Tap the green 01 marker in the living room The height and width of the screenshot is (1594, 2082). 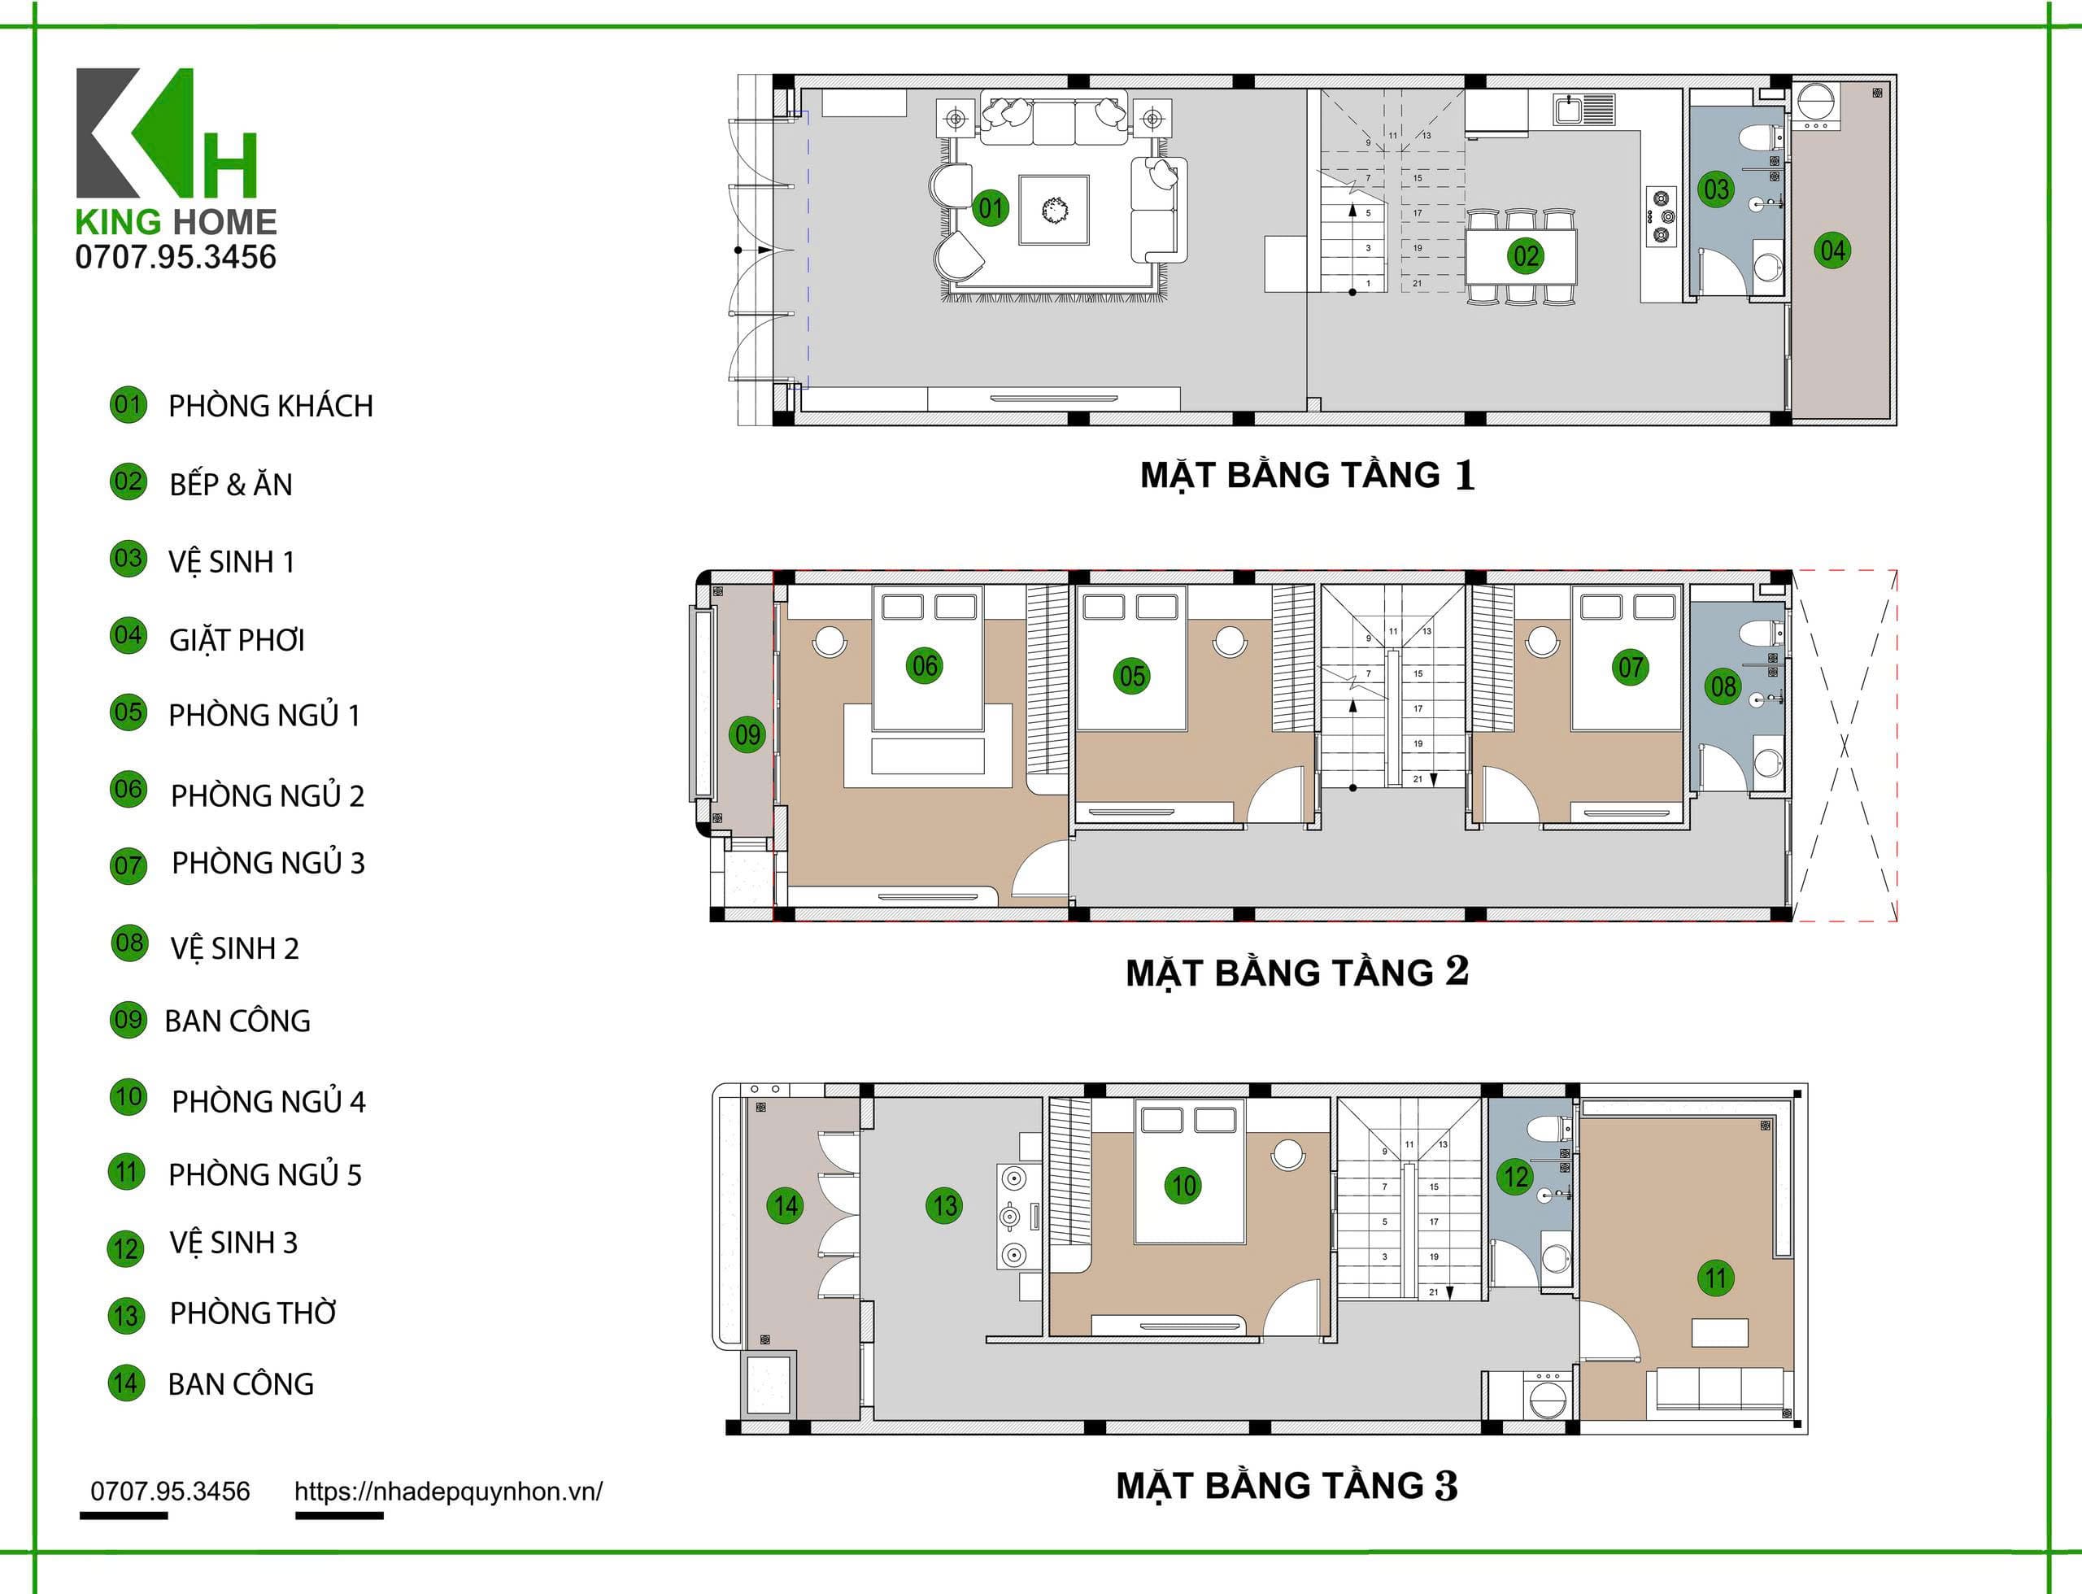pyautogui.click(x=990, y=207)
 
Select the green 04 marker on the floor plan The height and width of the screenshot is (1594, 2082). pyautogui.click(x=1832, y=250)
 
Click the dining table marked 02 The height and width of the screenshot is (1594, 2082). pyautogui.click(x=1522, y=256)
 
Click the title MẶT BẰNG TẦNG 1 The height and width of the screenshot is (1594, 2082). pyautogui.click(x=1307, y=475)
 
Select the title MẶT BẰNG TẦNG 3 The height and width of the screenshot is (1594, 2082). pyautogui.click(x=1287, y=1486)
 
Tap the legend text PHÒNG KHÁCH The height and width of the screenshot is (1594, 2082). pyautogui.click(x=271, y=406)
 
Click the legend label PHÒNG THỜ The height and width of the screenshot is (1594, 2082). pyautogui.click(x=252, y=1313)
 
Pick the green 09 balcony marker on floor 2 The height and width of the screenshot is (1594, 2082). pyautogui.click(x=747, y=734)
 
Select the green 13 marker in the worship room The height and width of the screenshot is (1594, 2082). pyautogui.click(x=944, y=1205)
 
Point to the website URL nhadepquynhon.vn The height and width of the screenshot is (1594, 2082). pyautogui.click(x=448, y=1492)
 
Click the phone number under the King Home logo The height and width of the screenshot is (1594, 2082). pyautogui.click(x=176, y=257)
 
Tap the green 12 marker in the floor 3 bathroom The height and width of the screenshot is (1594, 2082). pyautogui.click(x=1515, y=1177)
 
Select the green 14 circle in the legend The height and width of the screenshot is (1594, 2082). pyautogui.click(x=126, y=1383)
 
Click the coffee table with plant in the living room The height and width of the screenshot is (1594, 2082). pyautogui.click(x=1053, y=210)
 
